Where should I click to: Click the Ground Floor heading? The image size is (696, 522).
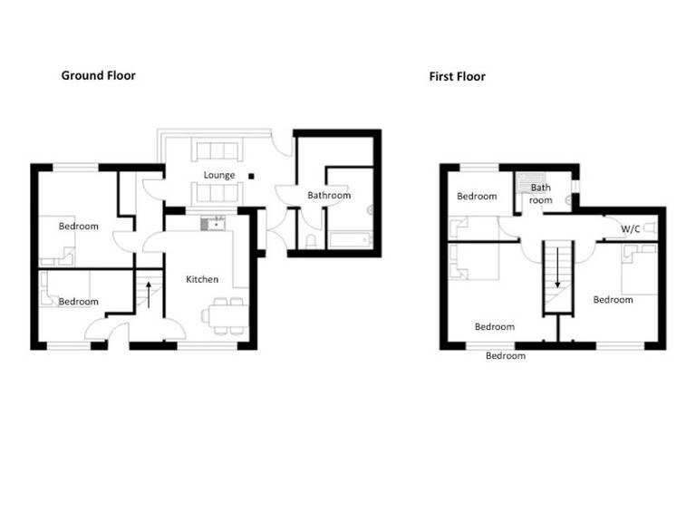(98, 75)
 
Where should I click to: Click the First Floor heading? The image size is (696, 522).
(457, 77)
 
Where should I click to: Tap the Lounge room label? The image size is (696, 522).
(219, 175)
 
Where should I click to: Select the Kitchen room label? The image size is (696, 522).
(202, 279)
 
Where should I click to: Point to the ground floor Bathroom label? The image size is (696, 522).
(328, 195)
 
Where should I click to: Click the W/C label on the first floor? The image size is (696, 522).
(631, 229)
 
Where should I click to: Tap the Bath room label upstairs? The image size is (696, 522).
(541, 193)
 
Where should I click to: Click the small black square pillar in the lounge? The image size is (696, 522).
(253, 176)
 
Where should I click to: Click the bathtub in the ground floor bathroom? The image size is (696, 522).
(349, 240)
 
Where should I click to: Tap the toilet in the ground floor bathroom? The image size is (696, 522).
(311, 240)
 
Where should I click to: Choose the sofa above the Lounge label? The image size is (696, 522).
(216, 150)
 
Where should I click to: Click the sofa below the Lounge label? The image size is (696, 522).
(216, 193)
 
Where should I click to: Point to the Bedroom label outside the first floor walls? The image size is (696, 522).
(505, 356)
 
